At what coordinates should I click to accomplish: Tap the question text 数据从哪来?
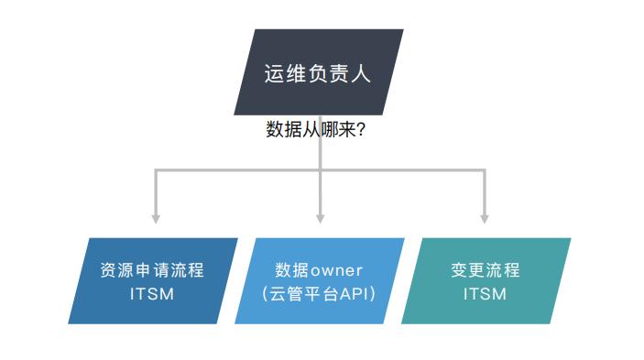click(316, 129)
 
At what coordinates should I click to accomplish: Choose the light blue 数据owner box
click(319, 281)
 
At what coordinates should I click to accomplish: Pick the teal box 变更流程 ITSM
click(486, 281)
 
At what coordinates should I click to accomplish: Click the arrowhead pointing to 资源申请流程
click(156, 219)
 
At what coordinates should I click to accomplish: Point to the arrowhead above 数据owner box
click(320, 219)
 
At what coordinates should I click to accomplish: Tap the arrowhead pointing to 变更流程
click(485, 219)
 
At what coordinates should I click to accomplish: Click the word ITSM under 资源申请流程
click(152, 294)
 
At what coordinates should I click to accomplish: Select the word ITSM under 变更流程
click(486, 294)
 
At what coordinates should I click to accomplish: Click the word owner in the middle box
click(337, 271)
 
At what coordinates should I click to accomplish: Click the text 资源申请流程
click(152, 270)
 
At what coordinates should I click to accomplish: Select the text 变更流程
click(486, 270)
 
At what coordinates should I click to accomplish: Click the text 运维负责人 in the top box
click(318, 73)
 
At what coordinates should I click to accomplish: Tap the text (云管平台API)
click(319, 294)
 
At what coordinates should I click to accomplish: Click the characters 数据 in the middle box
click(292, 270)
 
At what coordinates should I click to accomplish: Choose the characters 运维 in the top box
click(286, 73)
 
